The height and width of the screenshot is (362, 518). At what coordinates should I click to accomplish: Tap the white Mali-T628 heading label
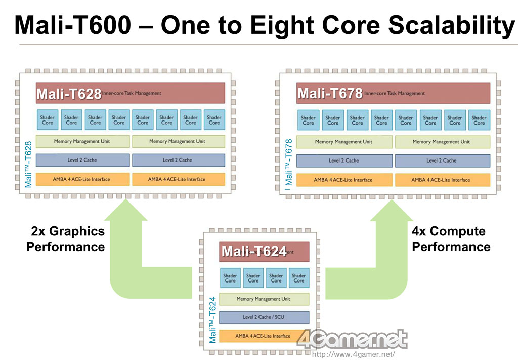(69, 94)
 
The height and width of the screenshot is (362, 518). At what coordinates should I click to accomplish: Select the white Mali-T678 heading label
(330, 94)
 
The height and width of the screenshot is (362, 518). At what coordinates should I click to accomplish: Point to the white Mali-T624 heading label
(254, 251)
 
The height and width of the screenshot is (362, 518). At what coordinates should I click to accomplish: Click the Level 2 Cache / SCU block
(264, 317)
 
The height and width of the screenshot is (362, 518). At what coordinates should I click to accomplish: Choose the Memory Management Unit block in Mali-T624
(264, 299)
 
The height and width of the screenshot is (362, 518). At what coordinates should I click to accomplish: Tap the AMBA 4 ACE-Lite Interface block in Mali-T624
(264, 336)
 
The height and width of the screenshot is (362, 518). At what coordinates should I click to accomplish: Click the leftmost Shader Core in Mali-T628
(47, 120)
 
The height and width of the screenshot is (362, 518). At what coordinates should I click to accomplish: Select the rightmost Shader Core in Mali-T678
(479, 120)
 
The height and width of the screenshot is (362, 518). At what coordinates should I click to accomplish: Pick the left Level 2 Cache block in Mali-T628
(82, 160)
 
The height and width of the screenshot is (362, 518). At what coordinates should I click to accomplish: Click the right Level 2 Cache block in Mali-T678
(442, 160)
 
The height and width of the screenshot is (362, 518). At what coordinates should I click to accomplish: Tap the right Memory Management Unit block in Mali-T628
(178, 141)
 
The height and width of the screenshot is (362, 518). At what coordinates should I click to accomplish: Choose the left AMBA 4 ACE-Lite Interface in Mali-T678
(343, 180)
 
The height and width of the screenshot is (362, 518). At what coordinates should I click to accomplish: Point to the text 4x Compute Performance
(450, 239)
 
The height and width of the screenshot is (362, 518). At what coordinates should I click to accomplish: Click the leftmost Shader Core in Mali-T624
(230, 278)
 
